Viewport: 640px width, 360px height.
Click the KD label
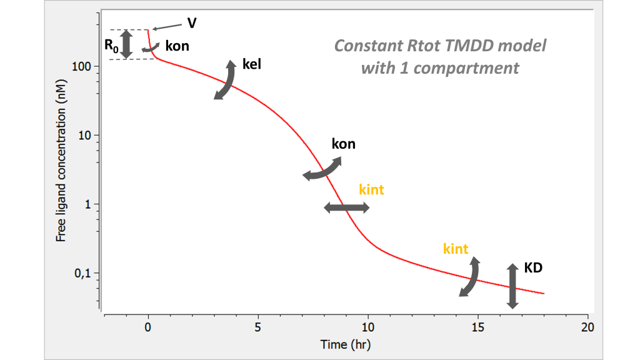[x=532, y=267]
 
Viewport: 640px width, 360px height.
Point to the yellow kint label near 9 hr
[x=371, y=189]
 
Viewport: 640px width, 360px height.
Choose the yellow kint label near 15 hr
[x=456, y=249]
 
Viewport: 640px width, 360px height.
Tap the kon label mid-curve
[x=343, y=144]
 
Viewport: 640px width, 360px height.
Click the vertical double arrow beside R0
[x=127, y=44]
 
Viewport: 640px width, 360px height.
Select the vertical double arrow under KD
[x=512, y=286]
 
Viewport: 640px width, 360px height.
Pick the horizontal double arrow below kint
[x=347, y=208]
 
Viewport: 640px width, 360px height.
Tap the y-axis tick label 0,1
[x=84, y=273]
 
